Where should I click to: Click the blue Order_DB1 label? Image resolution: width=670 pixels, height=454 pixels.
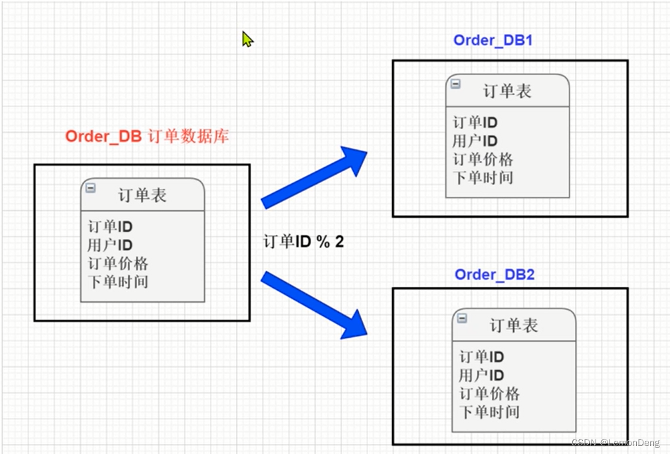point(493,40)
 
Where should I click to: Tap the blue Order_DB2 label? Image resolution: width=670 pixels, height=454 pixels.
point(495,275)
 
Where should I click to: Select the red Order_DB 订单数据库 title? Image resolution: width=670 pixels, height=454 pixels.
point(147,137)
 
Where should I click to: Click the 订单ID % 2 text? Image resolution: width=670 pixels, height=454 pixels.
point(304,242)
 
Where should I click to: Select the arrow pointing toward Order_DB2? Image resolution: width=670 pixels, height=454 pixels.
point(314,305)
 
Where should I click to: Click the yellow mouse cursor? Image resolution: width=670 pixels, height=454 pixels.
point(247,39)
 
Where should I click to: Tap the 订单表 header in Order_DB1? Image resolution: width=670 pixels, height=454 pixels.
point(507,91)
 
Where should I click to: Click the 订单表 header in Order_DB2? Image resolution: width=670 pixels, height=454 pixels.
point(514,325)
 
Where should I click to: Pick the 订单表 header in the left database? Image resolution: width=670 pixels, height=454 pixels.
point(142,195)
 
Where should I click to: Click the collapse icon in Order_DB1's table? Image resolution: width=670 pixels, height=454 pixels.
point(456,84)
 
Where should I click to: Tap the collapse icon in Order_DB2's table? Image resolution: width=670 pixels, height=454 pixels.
point(462,318)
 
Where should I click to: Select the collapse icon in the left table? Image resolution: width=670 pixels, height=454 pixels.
point(91,188)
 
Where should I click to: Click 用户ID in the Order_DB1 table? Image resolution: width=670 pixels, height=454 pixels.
point(475,141)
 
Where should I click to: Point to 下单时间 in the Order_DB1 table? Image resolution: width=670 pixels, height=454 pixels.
point(483,178)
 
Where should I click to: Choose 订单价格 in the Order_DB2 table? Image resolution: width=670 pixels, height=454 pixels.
point(489,394)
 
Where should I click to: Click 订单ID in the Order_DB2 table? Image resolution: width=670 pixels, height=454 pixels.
point(481,357)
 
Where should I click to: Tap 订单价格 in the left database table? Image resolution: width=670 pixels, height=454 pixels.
point(118,264)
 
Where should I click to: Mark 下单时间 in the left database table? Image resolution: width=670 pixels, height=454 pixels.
point(118,281)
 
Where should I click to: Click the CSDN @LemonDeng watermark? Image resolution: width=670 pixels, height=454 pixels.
point(615,443)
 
